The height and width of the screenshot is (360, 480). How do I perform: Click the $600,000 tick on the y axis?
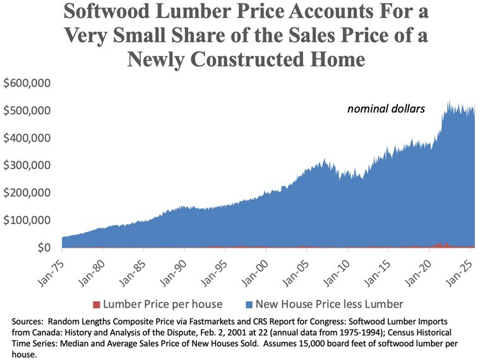[27, 83]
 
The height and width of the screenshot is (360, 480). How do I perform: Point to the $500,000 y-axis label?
[27, 111]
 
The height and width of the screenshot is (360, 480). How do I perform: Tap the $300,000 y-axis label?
[27, 165]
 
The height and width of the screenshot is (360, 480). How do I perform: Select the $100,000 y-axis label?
[27, 220]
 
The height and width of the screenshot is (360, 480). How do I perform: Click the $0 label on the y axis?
[44, 248]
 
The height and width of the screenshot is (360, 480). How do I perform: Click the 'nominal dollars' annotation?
[386, 109]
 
